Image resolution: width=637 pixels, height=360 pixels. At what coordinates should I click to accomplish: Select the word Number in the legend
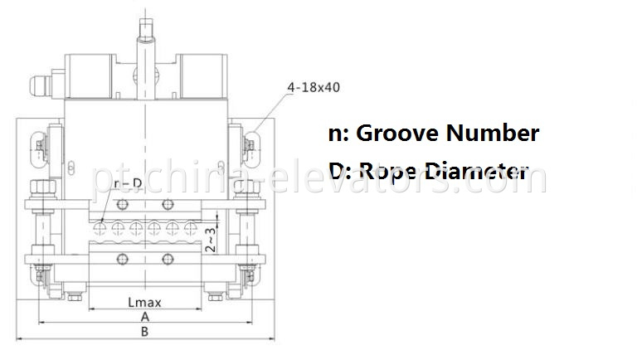[x=495, y=133]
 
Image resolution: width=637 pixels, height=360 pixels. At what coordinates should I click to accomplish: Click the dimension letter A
[x=144, y=316]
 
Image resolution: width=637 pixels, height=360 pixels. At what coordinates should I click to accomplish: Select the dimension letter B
[x=144, y=331]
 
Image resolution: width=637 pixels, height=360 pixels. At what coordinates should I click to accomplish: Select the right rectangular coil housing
[x=202, y=74]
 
